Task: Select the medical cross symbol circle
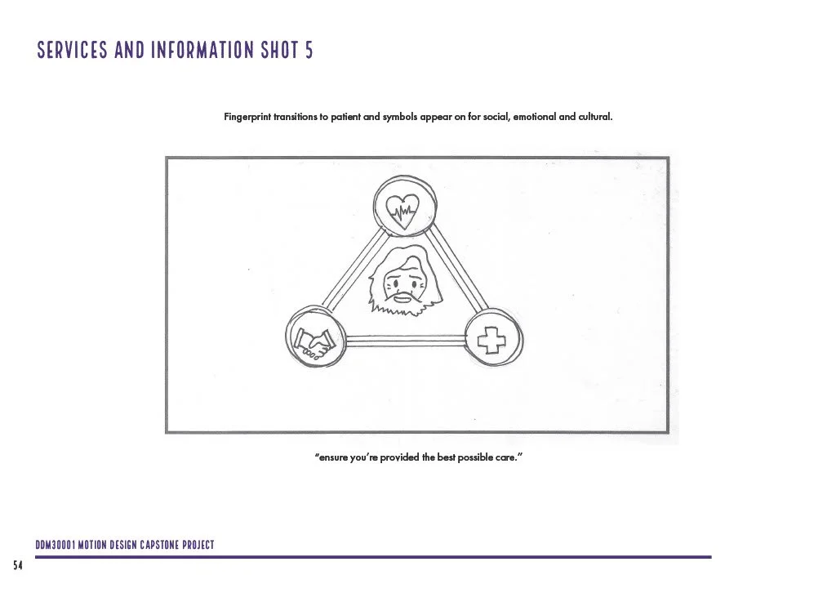click(x=491, y=337)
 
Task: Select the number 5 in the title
click(x=309, y=51)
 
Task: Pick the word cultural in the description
click(x=594, y=117)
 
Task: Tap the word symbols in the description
click(x=402, y=117)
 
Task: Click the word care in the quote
click(x=506, y=457)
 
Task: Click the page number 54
click(x=17, y=565)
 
